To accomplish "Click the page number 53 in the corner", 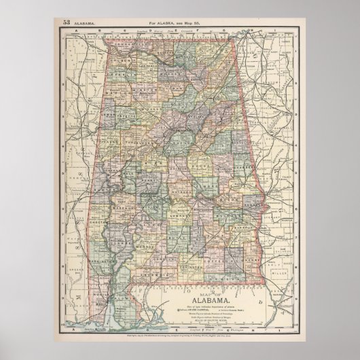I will point(67,22).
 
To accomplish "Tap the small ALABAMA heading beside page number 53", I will point(84,22).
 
